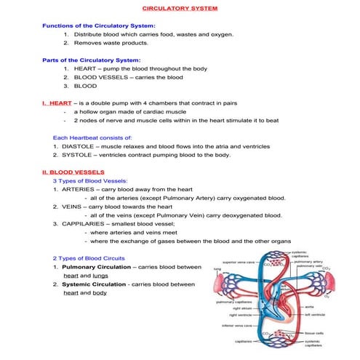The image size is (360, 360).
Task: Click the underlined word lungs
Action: pyautogui.click(x=102, y=276)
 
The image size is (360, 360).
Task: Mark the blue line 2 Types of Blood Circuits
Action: pyautogui.click(x=89, y=258)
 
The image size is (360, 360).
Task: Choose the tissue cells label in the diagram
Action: pyautogui.click(x=313, y=333)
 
